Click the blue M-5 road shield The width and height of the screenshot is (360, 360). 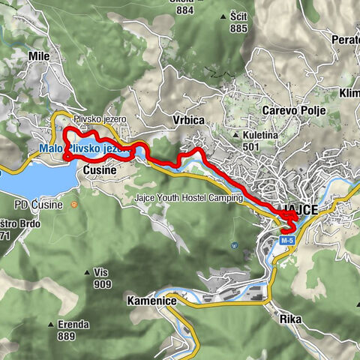pos(287,240)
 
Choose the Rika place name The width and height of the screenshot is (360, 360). pos(290,319)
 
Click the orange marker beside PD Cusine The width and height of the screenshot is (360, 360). pos(73,203)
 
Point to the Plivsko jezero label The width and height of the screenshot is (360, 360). pos(100,119)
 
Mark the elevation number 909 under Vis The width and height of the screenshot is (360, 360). pos(103,284)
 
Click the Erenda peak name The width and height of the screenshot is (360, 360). pos(73,325)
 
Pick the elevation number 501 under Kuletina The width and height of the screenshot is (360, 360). pos(250,147)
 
